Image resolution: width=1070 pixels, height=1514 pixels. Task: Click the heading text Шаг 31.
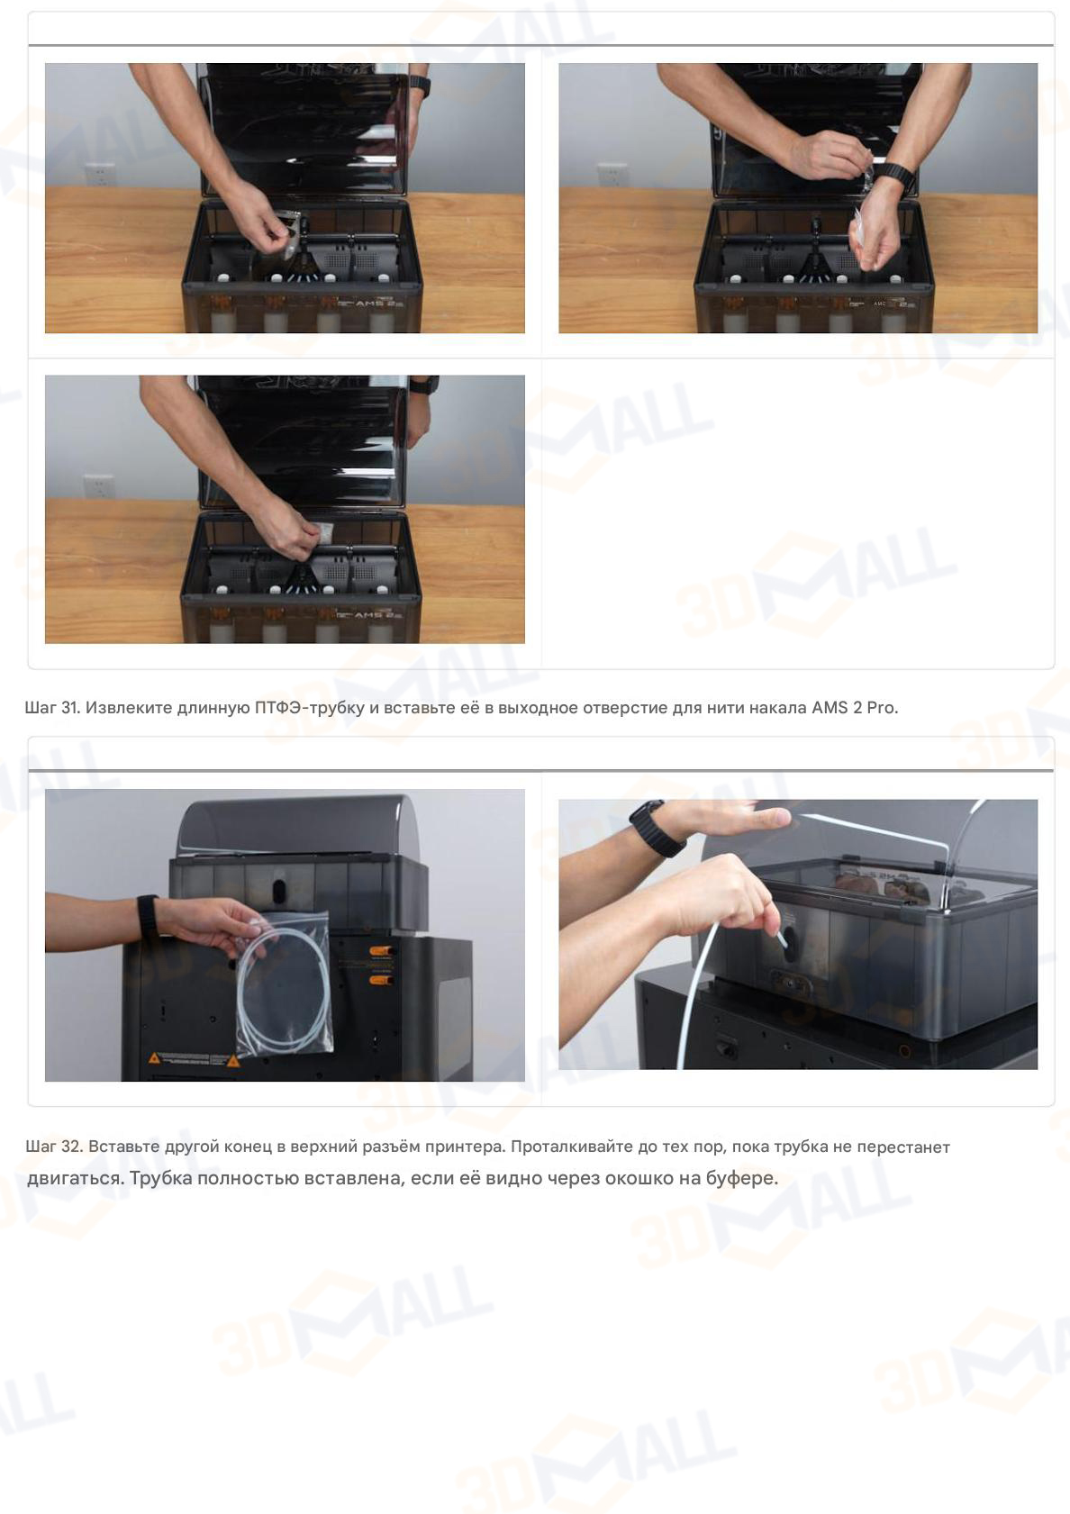(x=52, y=708)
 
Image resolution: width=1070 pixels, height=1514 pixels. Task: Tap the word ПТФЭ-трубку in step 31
(x=309, y=708)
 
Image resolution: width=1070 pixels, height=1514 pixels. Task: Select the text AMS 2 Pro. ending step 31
(x=854, y=708)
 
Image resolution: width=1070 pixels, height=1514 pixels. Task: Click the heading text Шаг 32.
(x=53, y=1147)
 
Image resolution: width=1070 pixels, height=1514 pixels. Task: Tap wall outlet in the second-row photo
(x=98, y=485)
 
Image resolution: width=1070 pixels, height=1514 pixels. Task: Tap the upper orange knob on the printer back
(x=381, y=951)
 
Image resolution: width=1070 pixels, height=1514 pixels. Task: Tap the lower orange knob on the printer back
(x=381, y=979)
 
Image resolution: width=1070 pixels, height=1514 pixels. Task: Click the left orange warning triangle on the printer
(x=155, y=1058)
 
